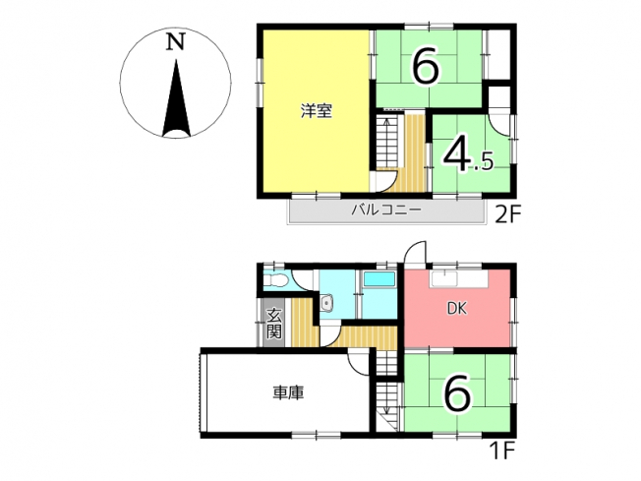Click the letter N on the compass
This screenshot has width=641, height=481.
click(175, 41)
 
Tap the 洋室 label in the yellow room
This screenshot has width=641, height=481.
click(317, 111)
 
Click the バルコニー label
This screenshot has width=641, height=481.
click(386, 210)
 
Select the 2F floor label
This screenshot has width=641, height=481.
click(508, 214)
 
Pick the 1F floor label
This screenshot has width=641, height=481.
click(501, 451)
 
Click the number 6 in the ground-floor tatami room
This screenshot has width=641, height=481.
click(457, 392)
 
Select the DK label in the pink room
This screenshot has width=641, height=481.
click(456, 309)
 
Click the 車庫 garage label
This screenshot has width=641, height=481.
click(288, 392)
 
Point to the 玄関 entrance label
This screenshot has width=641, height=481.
click(274, 324)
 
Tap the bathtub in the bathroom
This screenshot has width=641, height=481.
click(379, 279)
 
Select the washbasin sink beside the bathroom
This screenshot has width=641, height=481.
click(327, 303)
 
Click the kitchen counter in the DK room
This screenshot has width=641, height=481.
click(459, 279)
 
